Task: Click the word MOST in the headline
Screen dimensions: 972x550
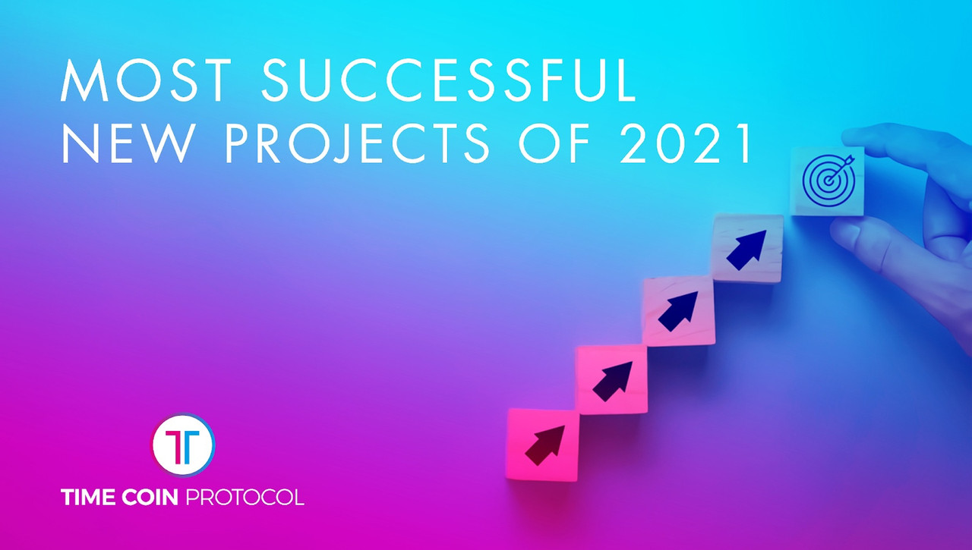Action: pos(146,80)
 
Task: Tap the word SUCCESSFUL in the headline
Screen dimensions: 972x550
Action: pos(449,80)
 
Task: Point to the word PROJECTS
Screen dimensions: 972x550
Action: pos(357,143)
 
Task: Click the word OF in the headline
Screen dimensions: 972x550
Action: pos(554,143)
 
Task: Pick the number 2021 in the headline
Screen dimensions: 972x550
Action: pos(686,143)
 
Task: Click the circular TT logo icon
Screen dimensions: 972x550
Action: pos(183,445)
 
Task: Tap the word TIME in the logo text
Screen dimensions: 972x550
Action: pos(88,497)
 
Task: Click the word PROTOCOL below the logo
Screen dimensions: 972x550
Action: pos(245,497)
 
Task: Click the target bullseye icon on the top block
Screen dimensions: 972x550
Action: pos(828,181)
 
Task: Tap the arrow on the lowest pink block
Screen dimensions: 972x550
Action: pos(545,445)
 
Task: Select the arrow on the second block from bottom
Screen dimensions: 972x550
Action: pos(612,382)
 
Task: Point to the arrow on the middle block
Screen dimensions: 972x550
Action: pos(678,312)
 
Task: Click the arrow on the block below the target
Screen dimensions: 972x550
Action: pos(746,250)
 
